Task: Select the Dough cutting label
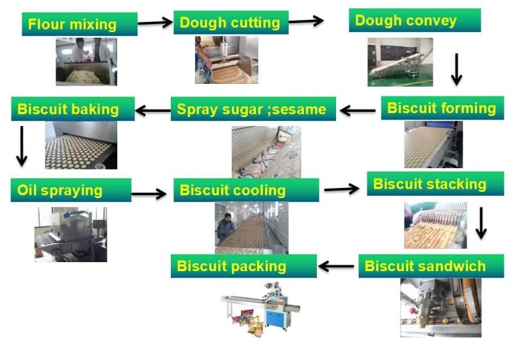230,22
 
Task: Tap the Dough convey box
415,20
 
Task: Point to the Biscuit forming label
442,107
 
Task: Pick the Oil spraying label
70,190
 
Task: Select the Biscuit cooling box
246,190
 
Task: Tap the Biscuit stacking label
430,184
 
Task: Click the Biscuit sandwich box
431,265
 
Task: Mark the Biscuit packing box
243,265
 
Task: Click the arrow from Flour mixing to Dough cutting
155,23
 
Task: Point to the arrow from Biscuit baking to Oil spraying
22,146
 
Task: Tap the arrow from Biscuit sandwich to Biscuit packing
337,265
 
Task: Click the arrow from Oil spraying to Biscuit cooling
149,194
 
